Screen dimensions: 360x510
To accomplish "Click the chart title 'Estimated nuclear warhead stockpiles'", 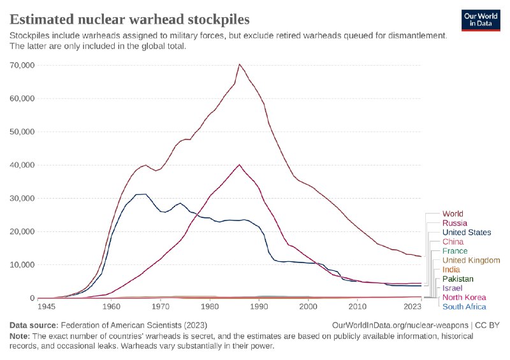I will click(129, 18).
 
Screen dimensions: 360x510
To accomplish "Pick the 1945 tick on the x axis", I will click(46, 307).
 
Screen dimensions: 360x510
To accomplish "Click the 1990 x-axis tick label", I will click(259, 307).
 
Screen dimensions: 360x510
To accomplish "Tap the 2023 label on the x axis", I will click(411, 307).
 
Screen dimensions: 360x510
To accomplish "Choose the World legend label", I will click(453, 213).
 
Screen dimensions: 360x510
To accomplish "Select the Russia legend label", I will click(455, 223).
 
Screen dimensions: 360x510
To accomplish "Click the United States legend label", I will click(467, 233).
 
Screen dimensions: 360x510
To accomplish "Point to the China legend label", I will click(453, 241).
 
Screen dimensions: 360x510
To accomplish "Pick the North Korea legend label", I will click(464, 298).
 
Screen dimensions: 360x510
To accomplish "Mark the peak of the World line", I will click(239, 64).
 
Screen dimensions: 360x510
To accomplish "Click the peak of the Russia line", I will click(240, 164).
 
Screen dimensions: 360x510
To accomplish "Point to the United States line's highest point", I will click(145, 194).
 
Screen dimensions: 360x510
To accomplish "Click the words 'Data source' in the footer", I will click(33, 326).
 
